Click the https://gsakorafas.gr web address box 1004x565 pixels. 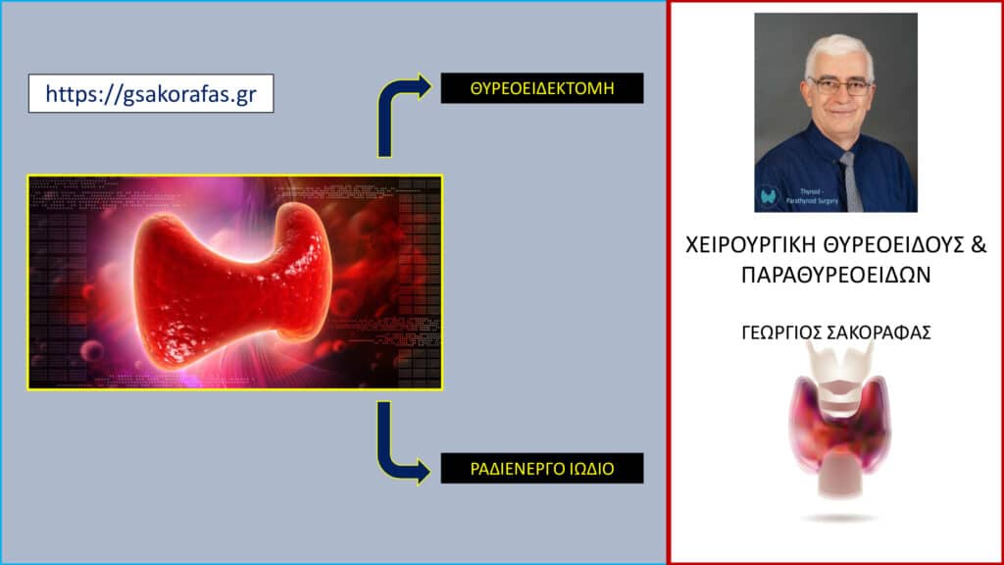(151, 93)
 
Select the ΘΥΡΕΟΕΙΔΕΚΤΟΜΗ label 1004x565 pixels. (542, 87)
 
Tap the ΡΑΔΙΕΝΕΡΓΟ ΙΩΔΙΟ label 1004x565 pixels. (542, 468)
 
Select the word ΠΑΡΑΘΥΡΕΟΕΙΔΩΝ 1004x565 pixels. (835, 275)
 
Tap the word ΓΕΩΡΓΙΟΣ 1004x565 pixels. (780, 333)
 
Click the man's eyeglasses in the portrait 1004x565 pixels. (840, 86)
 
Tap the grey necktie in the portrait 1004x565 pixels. (850, 181)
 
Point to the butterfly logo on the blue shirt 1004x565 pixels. (769, 195)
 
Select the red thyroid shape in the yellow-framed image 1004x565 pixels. (230, 285)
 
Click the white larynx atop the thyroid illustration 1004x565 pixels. (839, 379)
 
